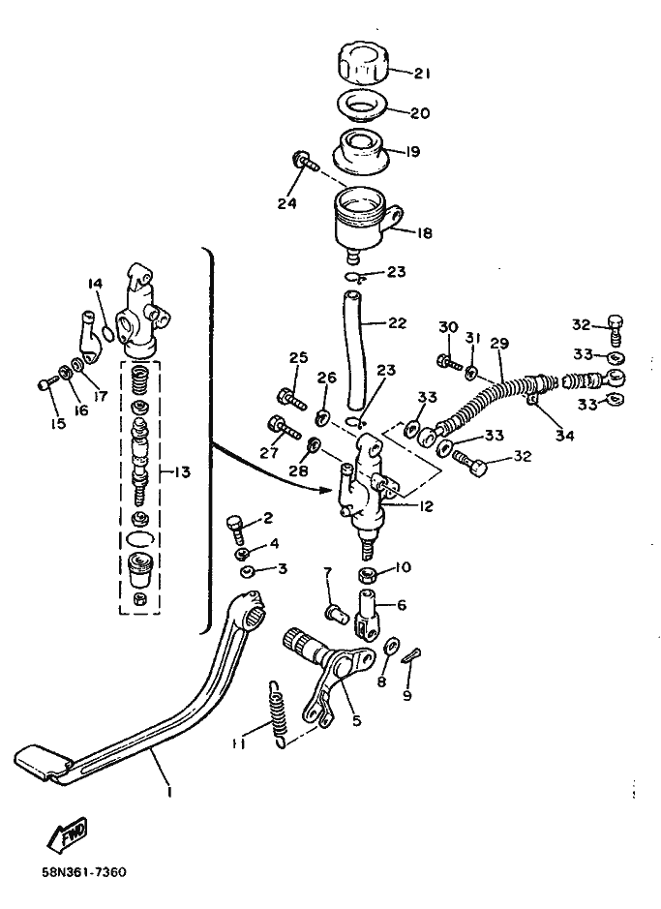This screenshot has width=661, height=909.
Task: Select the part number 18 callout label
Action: [424, 233]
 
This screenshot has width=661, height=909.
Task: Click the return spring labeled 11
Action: [276, 715]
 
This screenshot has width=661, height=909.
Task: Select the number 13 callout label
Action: [182, 472]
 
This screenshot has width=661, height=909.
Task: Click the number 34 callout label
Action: [564, 437]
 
